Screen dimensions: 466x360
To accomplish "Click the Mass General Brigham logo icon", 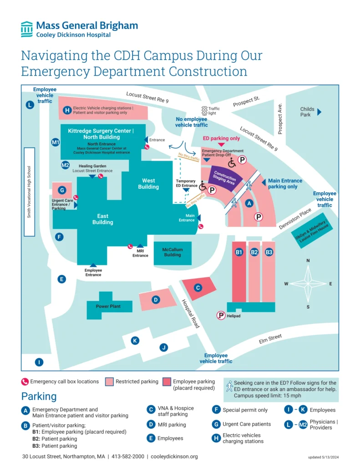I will (x=27, y=29).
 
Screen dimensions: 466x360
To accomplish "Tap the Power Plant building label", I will (x=108, y=306).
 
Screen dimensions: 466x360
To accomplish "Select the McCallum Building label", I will (x=172, y=252).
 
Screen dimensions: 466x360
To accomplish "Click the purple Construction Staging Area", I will (x=224, y=178).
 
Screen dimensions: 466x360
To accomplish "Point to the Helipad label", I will (x=233, y=315).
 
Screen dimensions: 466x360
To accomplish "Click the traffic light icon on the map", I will (x=204, y=111).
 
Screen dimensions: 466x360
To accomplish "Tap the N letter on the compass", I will (x=308, y=261).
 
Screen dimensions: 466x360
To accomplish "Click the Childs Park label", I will (x=307, y=112).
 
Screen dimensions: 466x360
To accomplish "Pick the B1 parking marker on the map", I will (x=239, y=252).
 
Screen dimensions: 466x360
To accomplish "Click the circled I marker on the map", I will (x=40, y=362).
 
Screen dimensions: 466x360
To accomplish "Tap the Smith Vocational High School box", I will (x=29, y=191).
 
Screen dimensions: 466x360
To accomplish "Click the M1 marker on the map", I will (x=56, y=143).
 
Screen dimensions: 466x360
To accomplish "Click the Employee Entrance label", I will (x=93, y=272).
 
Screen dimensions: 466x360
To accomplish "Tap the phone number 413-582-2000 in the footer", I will (x=128, y=456).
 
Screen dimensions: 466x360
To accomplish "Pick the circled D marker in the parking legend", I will (x=151, y=425).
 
